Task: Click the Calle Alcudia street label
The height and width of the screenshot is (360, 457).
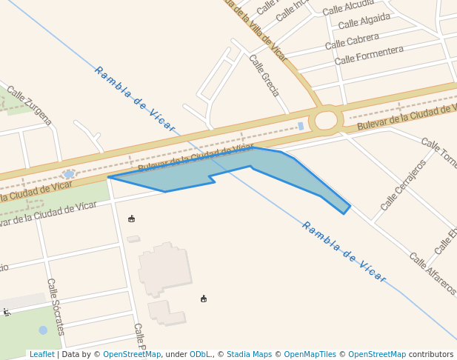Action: click(348, 7)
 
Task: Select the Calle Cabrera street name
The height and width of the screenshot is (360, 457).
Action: click(352, 41)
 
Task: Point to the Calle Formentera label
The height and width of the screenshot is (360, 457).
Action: click(369, 56)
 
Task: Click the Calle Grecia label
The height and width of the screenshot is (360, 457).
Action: click(264, 76)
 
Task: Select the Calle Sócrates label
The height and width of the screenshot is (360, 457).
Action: click(55, 306)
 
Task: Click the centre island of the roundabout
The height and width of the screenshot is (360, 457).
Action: click(326, 120)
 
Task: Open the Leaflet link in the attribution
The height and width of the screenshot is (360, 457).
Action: click(41, 355)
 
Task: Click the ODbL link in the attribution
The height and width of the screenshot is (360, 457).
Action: click(200, 355)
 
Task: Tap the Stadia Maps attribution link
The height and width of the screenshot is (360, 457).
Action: click(249, 355)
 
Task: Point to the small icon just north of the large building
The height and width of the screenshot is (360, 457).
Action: click(132, 219)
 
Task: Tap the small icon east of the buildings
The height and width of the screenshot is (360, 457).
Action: click(204, 299)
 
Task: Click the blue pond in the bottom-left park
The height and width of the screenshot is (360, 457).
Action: click(43, 330)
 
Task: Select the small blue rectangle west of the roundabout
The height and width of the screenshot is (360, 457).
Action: click(301, 127)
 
